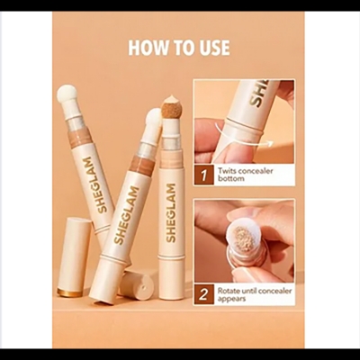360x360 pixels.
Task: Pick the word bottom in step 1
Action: [233, 178]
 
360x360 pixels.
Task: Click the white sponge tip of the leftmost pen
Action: [67, 94]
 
